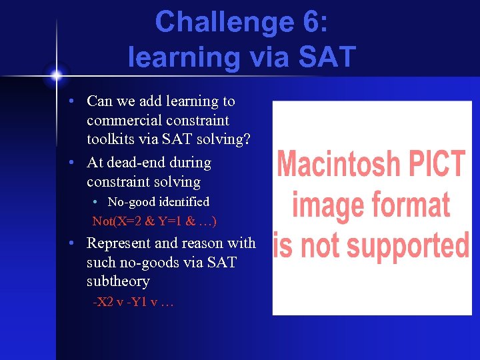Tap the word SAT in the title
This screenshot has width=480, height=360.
(326, 57)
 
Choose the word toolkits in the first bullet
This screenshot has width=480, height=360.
(111, 139)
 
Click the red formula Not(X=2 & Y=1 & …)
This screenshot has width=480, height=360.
(154, 221)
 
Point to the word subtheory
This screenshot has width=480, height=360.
(118, 281)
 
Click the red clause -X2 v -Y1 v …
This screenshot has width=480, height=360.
(133, 302)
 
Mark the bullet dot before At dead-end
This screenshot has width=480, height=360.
(79, 163)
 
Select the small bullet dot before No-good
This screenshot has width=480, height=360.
(97, 202)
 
